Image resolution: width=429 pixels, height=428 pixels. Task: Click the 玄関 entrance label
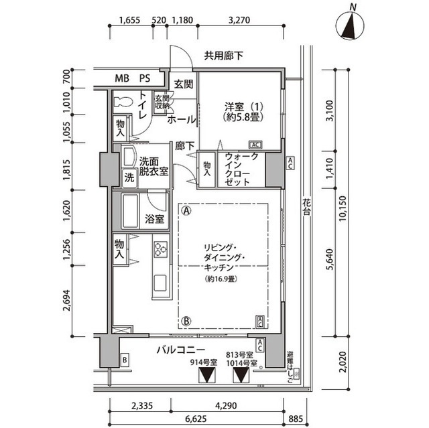(184, 84)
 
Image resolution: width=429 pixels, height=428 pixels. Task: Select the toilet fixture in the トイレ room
(123, 102)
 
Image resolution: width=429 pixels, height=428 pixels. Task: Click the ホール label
(181, 119)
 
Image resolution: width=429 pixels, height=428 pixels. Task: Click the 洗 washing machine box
(128, 177)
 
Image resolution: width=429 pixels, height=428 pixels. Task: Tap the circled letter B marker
(186, 321)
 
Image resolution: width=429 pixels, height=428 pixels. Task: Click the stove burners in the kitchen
(161, 249)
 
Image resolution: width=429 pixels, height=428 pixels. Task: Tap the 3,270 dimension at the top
(239, 20)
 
